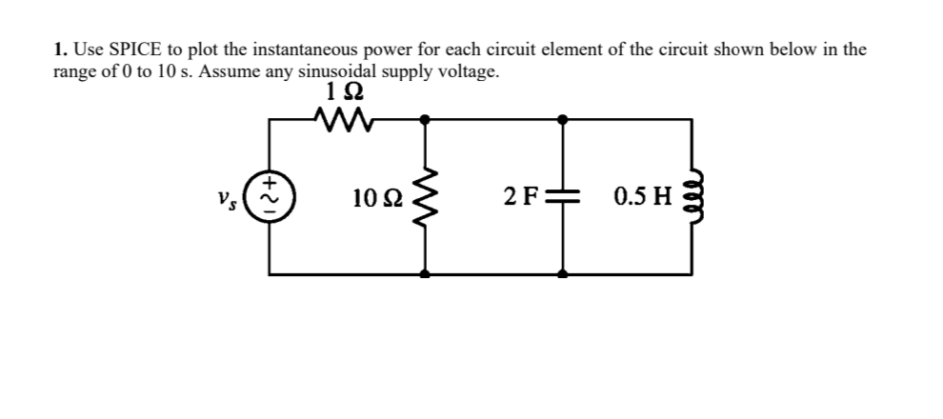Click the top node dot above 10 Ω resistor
425,119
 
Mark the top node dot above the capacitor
563,119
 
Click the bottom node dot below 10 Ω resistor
425,274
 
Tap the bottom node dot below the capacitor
563,274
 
